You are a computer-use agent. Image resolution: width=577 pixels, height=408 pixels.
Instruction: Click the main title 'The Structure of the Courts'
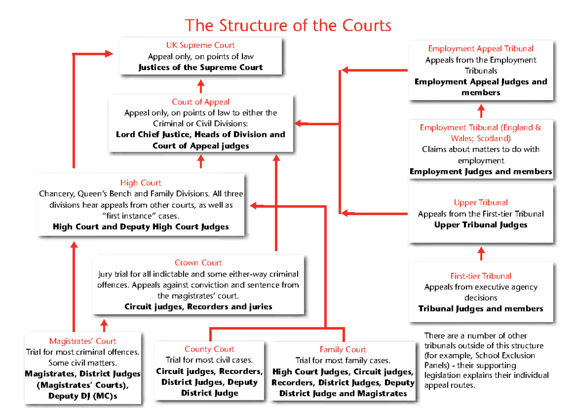(288, 25)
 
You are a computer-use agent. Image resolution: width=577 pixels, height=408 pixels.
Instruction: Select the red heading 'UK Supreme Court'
(201, 45)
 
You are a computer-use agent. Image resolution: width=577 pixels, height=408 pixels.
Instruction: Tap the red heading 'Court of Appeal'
(201, 102)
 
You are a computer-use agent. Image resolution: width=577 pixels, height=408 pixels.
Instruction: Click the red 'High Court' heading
(141, 183)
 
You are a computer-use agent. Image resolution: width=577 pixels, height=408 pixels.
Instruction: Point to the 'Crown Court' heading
(198, 263)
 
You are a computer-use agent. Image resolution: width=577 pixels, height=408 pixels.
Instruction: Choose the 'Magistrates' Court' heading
(83, 341)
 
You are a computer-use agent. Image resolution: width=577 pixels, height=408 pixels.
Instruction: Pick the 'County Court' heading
(209, 349)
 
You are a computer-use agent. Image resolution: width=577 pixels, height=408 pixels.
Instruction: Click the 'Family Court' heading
(342, 349)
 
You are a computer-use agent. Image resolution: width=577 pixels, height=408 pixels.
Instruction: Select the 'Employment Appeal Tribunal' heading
(480, 49)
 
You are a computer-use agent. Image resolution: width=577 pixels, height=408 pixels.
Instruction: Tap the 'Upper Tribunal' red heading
(480, 203)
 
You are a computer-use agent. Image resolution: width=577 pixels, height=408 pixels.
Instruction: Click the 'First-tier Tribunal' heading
(480, 276)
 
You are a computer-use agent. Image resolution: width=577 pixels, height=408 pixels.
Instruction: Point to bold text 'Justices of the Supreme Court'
(201, 67)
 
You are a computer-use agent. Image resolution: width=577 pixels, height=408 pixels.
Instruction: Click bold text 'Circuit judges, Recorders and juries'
(198, 307)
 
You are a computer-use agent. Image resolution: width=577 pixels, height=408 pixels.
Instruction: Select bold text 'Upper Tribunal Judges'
(480, 225)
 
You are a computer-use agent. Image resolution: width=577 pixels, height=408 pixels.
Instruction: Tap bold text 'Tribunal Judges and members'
(480, 309)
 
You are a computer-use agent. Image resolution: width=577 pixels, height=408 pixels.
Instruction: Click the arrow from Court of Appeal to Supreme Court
(201, 87)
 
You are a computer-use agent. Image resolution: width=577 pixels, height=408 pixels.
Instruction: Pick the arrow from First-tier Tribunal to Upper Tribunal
(481, 253)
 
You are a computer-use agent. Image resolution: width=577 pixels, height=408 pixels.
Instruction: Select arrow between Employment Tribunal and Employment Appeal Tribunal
(481, 111)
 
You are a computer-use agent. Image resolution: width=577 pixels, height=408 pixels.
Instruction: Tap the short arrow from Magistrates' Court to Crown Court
(104, 325)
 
